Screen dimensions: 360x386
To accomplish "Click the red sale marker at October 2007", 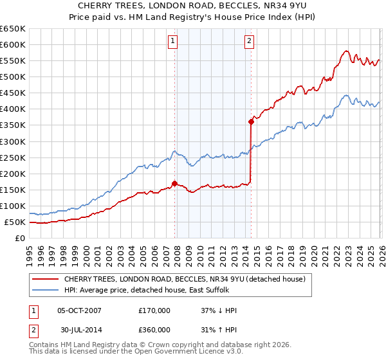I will coord(174,183).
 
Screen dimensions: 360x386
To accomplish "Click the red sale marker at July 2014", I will coord(251,122).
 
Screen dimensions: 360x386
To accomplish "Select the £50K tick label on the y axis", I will coord(15,222).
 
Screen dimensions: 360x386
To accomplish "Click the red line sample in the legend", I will coord(45,279).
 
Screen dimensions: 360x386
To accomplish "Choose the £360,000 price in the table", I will coord(154,330).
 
